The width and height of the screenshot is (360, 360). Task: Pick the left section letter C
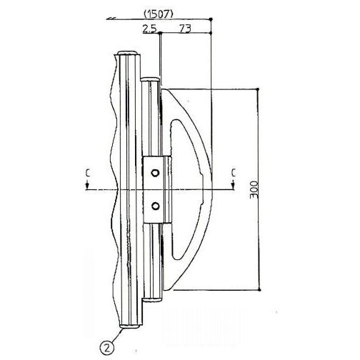[86, 172]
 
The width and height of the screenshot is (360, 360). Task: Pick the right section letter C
[233, 172]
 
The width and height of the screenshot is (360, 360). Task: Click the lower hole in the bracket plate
[155, 206]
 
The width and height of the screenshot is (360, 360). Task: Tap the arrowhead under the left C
[86, 186]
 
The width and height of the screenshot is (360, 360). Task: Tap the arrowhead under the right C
[233, 186]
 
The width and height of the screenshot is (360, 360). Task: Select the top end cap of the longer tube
[129, 54]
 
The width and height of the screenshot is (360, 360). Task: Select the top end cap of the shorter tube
[150, 78]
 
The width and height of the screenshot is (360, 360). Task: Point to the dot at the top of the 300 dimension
[258, 89]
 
